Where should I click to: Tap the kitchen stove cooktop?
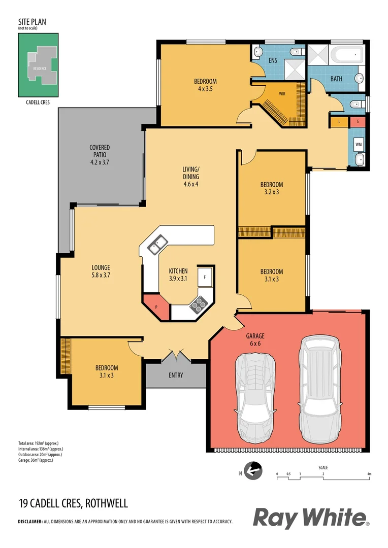pos(198,303)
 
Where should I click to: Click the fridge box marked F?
pos(205,277)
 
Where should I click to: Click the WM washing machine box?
pos(359,145)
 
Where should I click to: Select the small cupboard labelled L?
pos(339,122)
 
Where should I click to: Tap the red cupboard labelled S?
pos(358,122)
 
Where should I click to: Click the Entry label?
pos(176,375)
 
